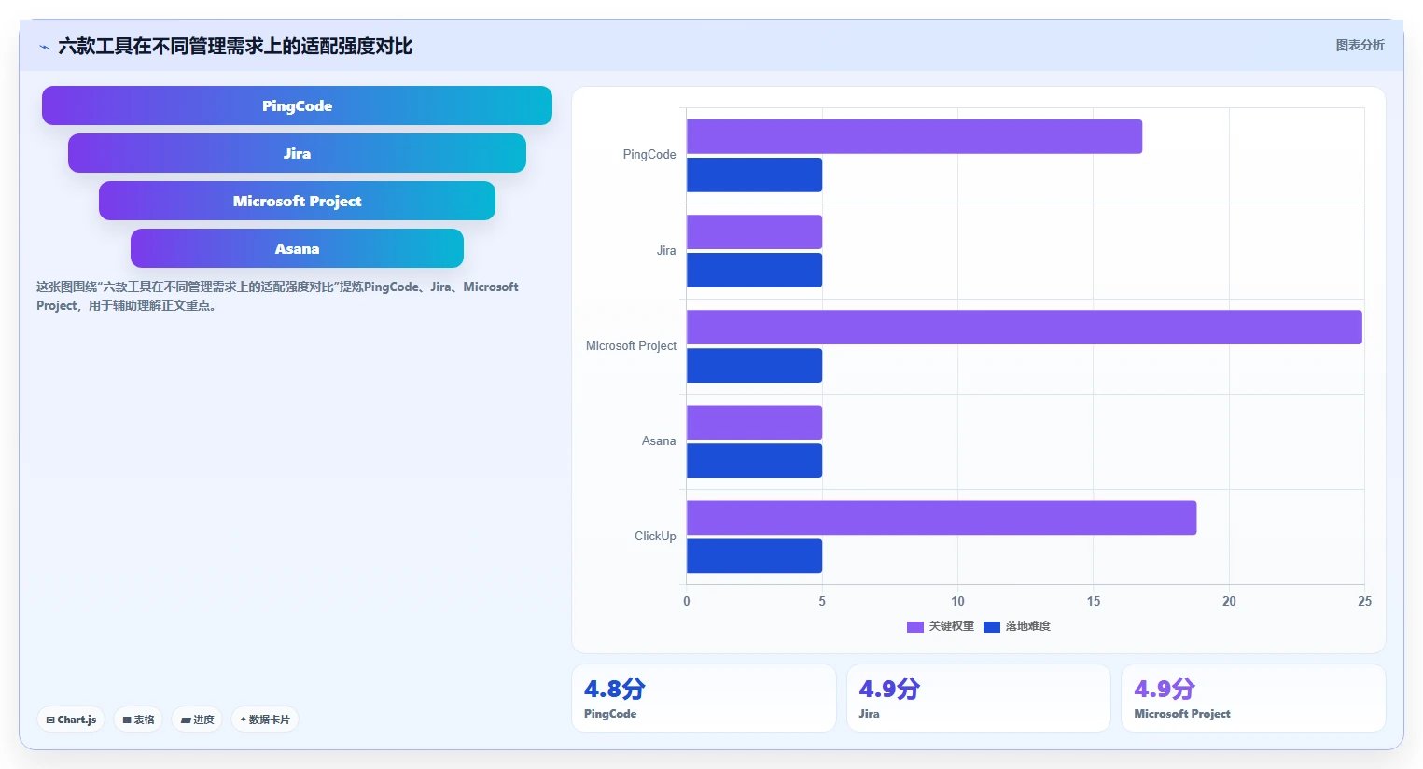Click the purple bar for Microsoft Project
(x=1024, y=328)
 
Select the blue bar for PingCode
(x=754, y=175)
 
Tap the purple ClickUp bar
(x=942, y=518)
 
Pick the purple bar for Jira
(x=754, y=232)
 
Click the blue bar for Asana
(x=754, y=461)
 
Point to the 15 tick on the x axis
(x=1094, y=601)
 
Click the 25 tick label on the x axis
(x=1364, y=601)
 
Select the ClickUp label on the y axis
(x=655, y=537)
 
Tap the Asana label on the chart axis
(x=659, y=441)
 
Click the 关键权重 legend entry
(x=941, y=626)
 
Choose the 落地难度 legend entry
(x=1017, y=626)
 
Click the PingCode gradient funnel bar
(x=298, y=105)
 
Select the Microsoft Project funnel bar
(x=298, y=201)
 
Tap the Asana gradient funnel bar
(x=298, y=248)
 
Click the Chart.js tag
(x=71, y=720)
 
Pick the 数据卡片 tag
(x=265, y=720)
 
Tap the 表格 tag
(x=138, y=720)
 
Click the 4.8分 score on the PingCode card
(x=615, y=689)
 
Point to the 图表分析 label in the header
(x=1360, y=45)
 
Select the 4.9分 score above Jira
(x=889, y=689)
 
